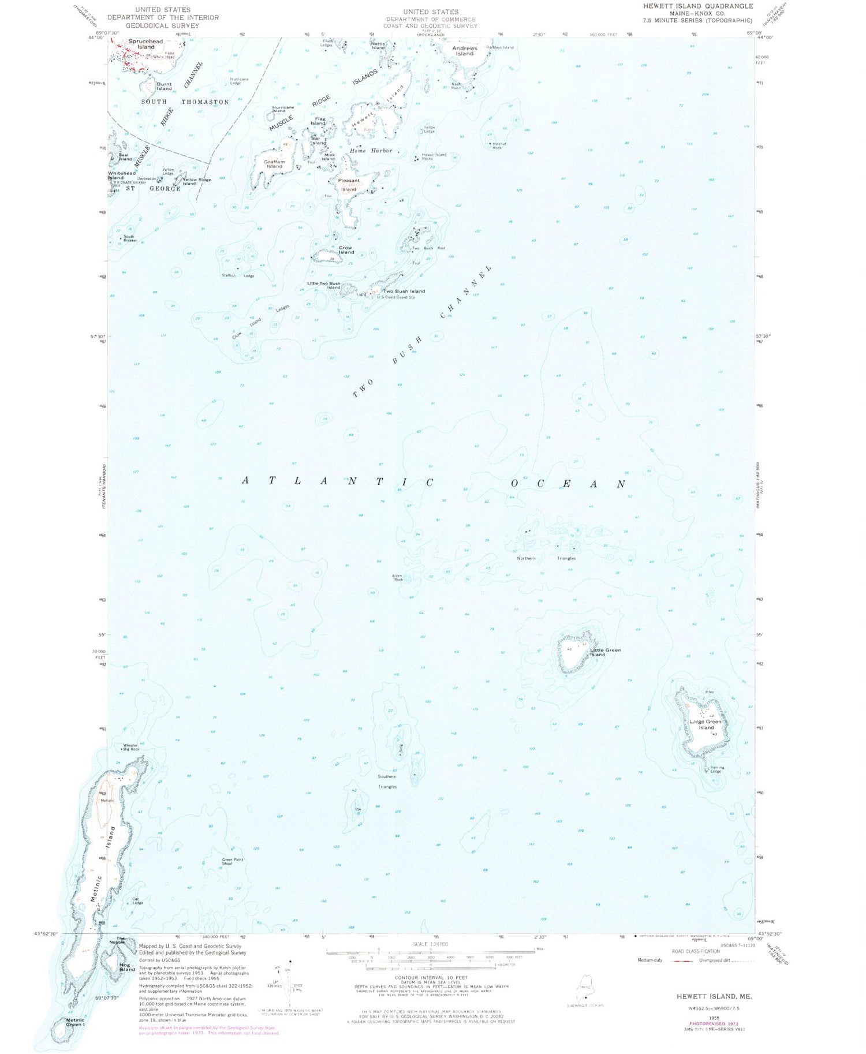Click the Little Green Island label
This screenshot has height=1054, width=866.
click(x=605, y=652)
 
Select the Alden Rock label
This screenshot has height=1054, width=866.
click(x=398, y=577)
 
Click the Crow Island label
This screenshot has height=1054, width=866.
click(x=346, y=250)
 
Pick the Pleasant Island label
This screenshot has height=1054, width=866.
click(x=349, y=185)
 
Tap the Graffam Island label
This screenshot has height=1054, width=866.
click(x=274, y=164)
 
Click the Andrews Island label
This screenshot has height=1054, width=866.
click(x=464, y=51)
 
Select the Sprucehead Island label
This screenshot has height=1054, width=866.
click(x=145, y=44)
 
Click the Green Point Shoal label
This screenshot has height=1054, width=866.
click(x=232, y=861)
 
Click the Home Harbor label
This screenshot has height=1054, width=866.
click(x=371, y=151)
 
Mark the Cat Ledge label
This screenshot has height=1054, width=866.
click(x=137, y=900)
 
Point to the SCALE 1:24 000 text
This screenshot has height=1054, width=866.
click(x=431, y=944)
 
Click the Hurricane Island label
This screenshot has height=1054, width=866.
click(x=283, y=109)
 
